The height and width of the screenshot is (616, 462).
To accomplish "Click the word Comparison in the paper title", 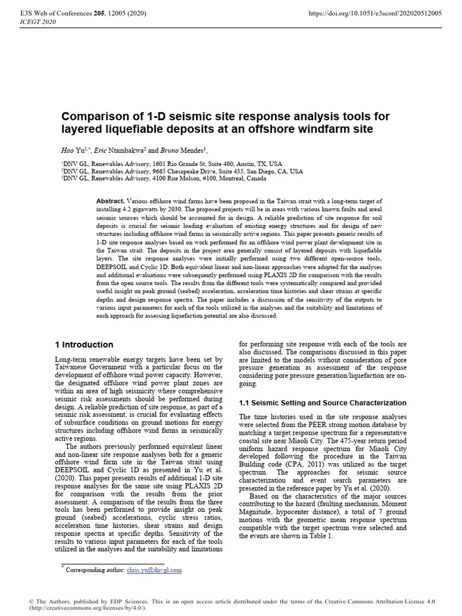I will pos(100,116).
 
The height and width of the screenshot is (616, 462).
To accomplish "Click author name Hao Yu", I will pos(72,150).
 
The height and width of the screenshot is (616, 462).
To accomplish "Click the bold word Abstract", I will pos(110,200).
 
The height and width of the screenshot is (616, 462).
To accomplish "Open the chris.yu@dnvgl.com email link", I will pos(154,570).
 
